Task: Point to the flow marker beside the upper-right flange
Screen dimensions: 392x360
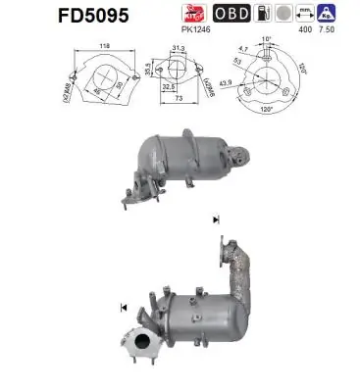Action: pyautogui.click(x=215, y=220)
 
